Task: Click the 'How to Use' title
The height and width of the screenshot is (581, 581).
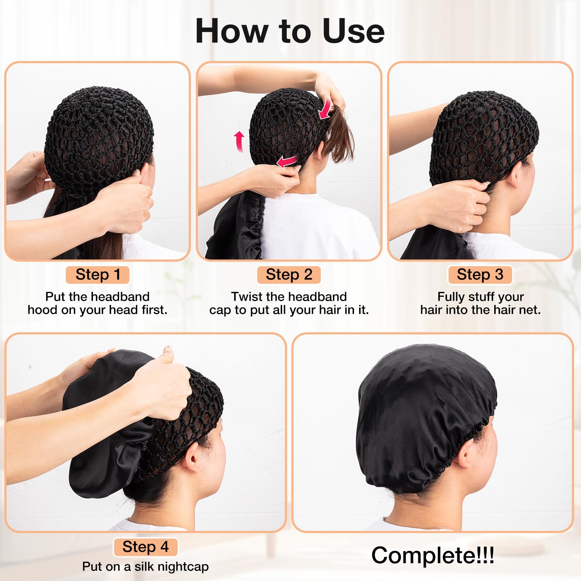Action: pyautogui.click(x=290, y=31)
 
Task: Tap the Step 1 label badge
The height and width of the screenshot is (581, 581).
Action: pyautogui.click(x=98, y=275)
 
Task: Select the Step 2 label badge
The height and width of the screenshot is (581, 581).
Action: pyautogui.click(x=289, y=275)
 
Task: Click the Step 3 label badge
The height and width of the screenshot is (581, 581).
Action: pyautogui.click(x=480, y=275)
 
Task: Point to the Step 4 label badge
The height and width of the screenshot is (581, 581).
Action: pyautogui.click(x=146, y=547)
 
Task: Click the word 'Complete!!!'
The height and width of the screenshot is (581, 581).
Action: pyautogui.click(x=432, y=555)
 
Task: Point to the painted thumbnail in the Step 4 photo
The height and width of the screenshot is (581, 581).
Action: pyautogui.click(x=167, y=349)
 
